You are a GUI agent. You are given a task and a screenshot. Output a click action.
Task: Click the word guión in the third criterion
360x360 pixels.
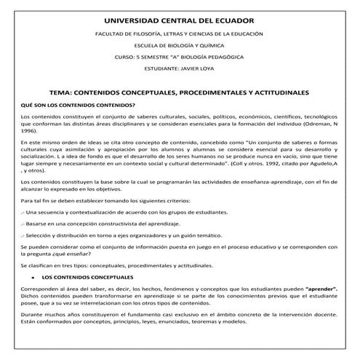click(179, 236)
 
